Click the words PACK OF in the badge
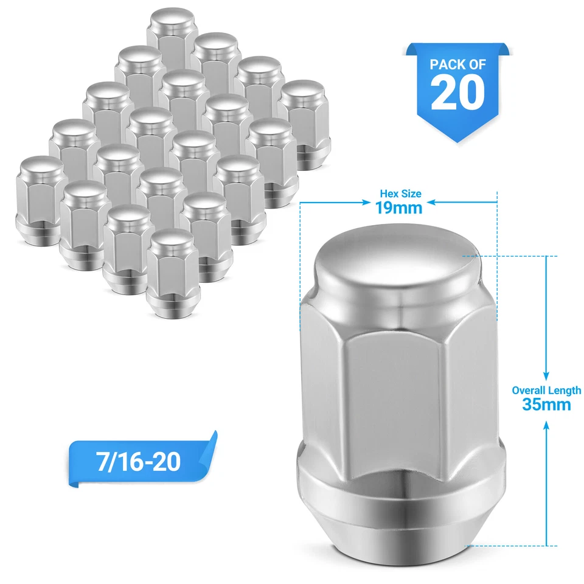tap(457, 64)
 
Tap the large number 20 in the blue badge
tap(457, 92)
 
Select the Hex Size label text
tap(399, 194)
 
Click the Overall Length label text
tap(546, 391)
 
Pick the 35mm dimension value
tap(546, 405)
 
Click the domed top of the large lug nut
tap(397, 268)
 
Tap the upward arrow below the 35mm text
tap(546, 481)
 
